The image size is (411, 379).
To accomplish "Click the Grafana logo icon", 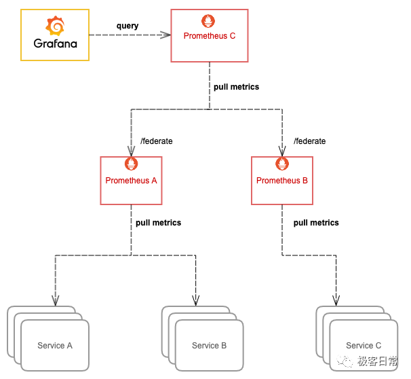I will click(55, 26).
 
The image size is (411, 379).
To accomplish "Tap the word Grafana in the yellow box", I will click(55, 43).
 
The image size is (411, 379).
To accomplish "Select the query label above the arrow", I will click(127, 26).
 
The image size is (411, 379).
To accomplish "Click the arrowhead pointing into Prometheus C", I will click(165, 34).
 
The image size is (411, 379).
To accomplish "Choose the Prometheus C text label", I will click(209, 36).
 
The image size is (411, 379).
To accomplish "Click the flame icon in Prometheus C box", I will click(209, 22).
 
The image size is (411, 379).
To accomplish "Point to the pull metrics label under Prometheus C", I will click(236, 87).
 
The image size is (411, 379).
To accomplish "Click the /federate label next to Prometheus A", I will click(156, 141).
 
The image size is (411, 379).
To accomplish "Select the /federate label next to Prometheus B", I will click(309, 141).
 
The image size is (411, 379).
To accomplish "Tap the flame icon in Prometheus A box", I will click(131, 164).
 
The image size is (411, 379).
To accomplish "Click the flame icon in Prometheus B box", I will click(282, 164).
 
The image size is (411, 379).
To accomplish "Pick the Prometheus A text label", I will click(131, 181).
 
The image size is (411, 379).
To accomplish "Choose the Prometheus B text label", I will click(282, 181).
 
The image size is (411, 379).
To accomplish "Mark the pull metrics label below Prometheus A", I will click(158, 223).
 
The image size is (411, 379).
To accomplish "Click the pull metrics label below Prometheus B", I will click(316, 223).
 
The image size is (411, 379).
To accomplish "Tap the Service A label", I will click(55, 346).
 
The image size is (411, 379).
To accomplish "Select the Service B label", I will click(210, 346).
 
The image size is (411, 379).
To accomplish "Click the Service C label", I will click(364, 346).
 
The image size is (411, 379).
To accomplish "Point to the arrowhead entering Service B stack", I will click(196, 300).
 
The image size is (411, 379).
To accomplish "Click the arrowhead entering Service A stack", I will click(55, 300).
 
